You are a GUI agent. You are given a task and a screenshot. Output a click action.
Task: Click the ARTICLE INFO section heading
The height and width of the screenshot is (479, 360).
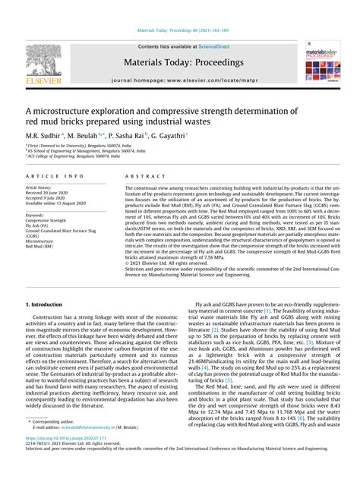[x=49, y=175]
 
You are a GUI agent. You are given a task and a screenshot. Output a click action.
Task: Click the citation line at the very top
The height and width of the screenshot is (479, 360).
[x=179, y=31]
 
